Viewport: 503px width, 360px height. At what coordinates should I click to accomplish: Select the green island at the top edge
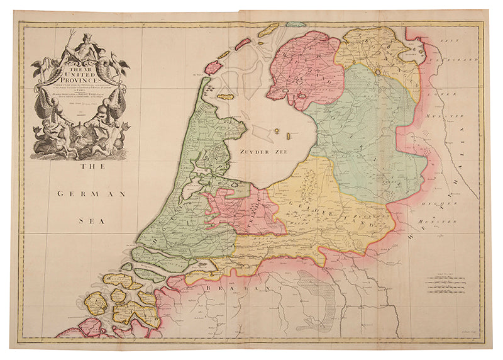[296, 25]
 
